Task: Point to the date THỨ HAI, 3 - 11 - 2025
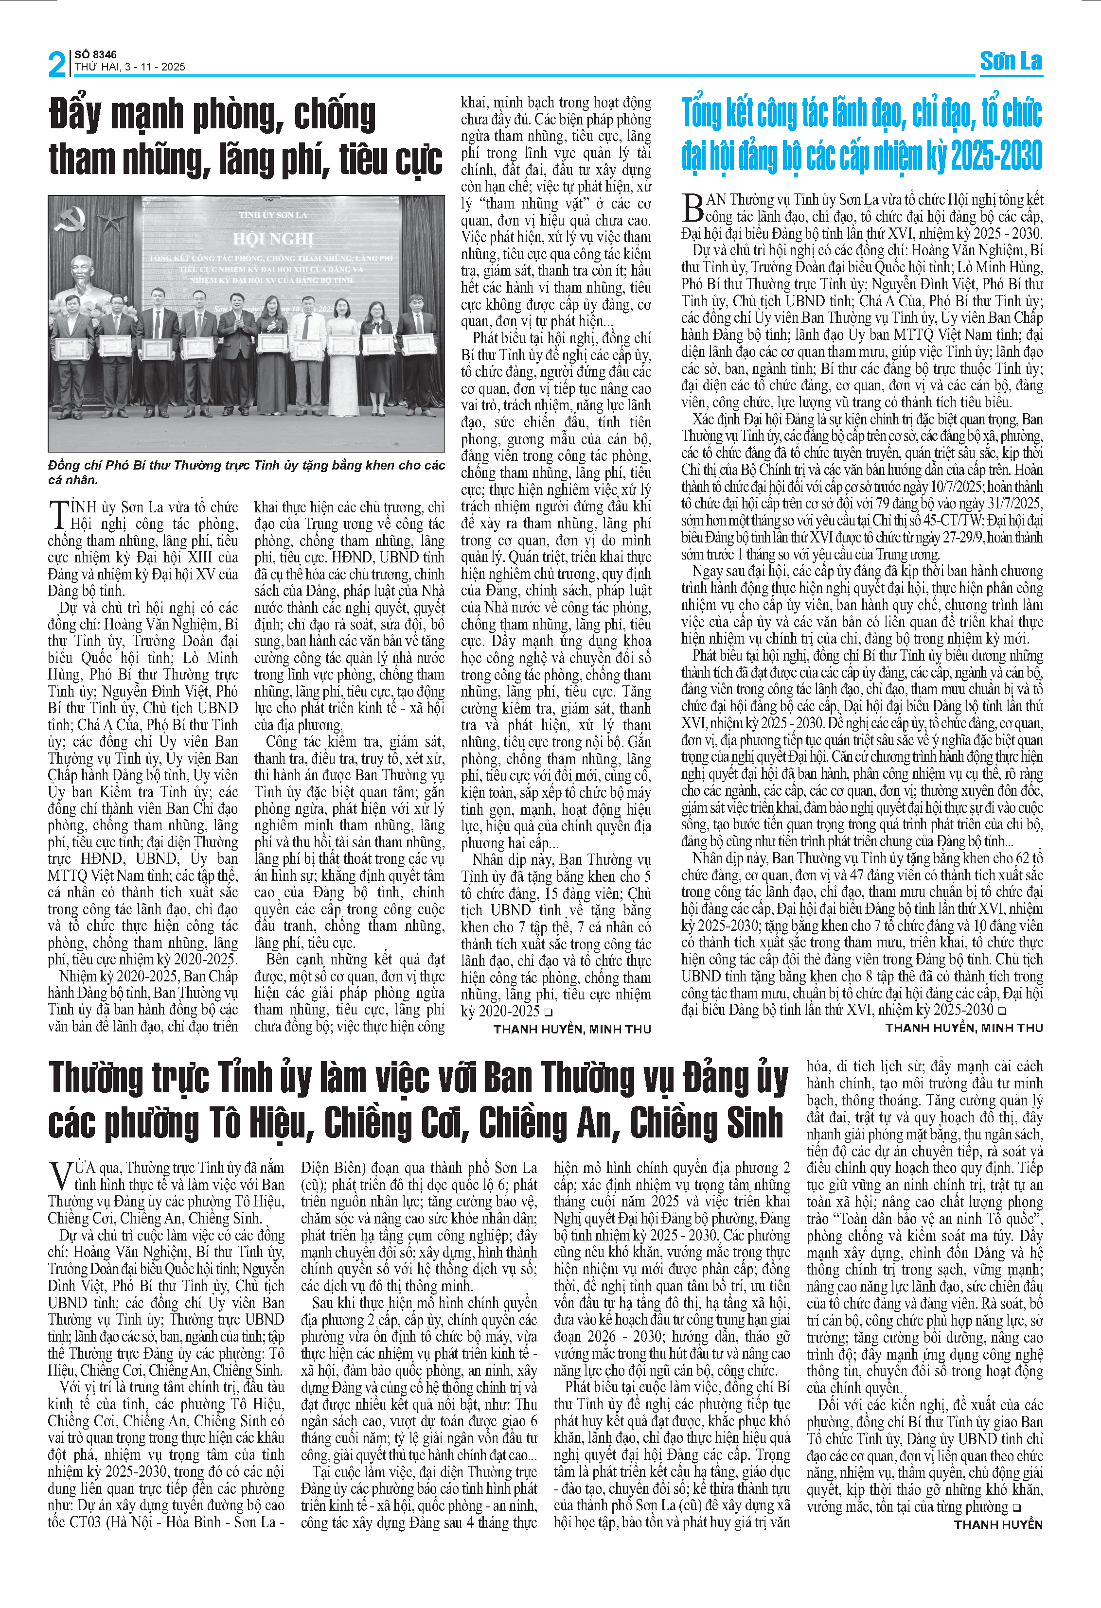(130, 67)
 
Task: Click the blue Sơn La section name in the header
(1011, 62)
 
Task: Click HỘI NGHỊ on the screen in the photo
(273, 239)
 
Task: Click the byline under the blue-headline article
(963, 1028)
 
